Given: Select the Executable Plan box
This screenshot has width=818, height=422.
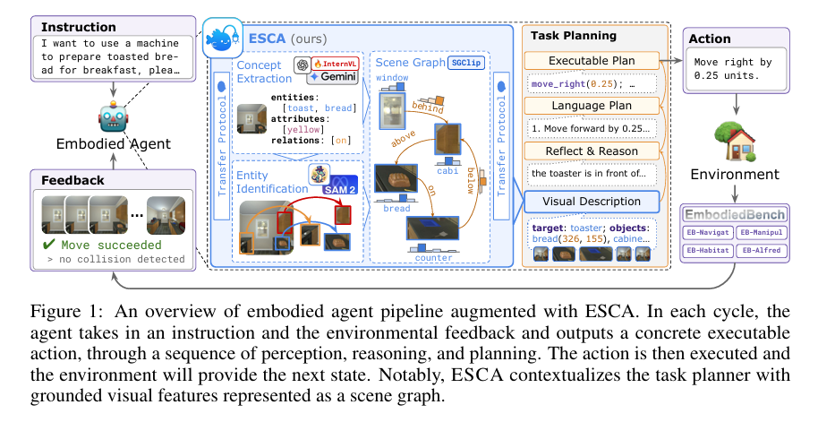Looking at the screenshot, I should pos(592,60).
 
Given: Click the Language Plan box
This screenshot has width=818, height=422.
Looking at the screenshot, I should pos(592,106).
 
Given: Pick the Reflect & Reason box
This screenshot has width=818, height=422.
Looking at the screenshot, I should pos(592,151).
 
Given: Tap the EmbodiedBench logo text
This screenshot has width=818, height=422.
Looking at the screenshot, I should pos(735,215).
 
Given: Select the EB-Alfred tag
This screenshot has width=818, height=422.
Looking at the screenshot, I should pos(763,250).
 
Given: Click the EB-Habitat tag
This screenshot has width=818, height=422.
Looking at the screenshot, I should pos(708,250).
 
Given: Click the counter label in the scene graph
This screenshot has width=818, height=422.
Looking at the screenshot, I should pos(434,258).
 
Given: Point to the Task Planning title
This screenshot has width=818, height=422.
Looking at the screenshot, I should pos(574,36).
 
